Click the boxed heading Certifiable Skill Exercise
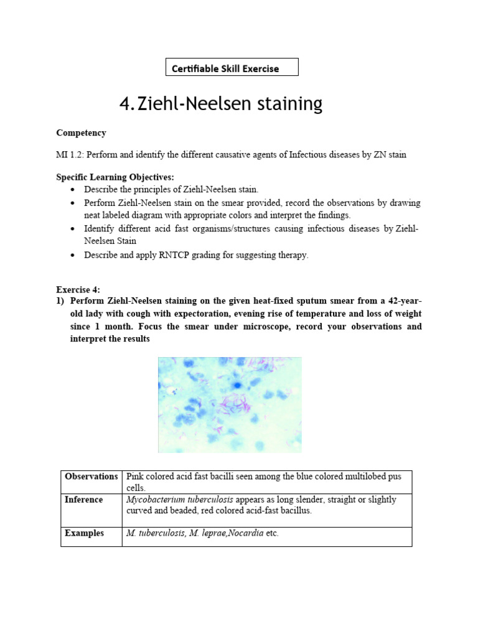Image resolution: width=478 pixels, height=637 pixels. (232, 67)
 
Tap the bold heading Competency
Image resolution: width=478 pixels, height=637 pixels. (81, 133)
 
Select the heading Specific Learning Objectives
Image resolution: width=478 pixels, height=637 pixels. (115, 177)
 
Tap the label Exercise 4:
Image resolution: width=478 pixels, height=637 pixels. (78, 289)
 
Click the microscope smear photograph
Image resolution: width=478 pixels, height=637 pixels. (230, 404)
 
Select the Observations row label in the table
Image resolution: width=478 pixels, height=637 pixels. (91, 477)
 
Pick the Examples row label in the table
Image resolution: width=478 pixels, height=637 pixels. (84, 533)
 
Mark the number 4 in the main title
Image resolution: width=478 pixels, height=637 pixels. (124, 104)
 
